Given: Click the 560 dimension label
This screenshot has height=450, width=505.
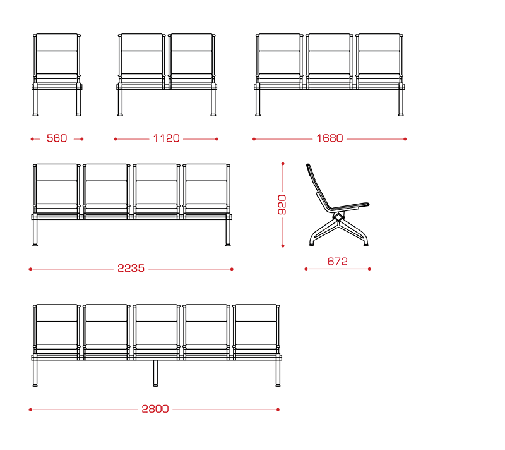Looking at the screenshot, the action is [57, 138].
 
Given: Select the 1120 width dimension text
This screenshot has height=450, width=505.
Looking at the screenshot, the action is [166, 138].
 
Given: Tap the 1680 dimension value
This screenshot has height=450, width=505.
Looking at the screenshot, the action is [330, 138].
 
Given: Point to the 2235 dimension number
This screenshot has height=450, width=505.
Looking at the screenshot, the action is [131, 268].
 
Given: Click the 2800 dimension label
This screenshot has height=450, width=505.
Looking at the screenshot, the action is [155, 409].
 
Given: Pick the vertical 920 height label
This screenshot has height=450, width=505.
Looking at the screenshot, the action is [282, 205].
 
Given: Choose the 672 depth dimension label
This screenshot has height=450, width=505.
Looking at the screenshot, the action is [338, 262].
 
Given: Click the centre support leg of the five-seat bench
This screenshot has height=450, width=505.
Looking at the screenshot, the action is [155, 373].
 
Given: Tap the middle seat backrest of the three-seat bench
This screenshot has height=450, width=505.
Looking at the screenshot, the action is [329, 54].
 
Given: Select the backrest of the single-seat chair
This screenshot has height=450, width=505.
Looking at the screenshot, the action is [57, 54].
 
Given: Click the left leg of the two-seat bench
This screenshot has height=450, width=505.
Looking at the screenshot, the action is [120, 102].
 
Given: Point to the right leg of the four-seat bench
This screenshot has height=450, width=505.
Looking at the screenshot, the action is [228, 233].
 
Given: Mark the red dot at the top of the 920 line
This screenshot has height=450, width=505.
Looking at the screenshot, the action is [283, 164].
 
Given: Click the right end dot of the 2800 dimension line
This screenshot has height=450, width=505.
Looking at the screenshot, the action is [278, 410].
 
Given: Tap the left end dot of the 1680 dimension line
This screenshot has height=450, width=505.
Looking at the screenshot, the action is [254, 139].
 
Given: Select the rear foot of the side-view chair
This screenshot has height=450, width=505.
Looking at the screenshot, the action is [312, 245].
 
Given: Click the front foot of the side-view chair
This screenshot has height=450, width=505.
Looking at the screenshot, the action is [366, 245].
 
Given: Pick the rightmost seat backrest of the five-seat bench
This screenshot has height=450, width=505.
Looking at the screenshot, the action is [256, 325].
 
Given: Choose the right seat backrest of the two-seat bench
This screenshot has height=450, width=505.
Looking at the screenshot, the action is [192, 54].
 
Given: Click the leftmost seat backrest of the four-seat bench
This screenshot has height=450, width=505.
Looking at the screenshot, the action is [57, 184].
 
